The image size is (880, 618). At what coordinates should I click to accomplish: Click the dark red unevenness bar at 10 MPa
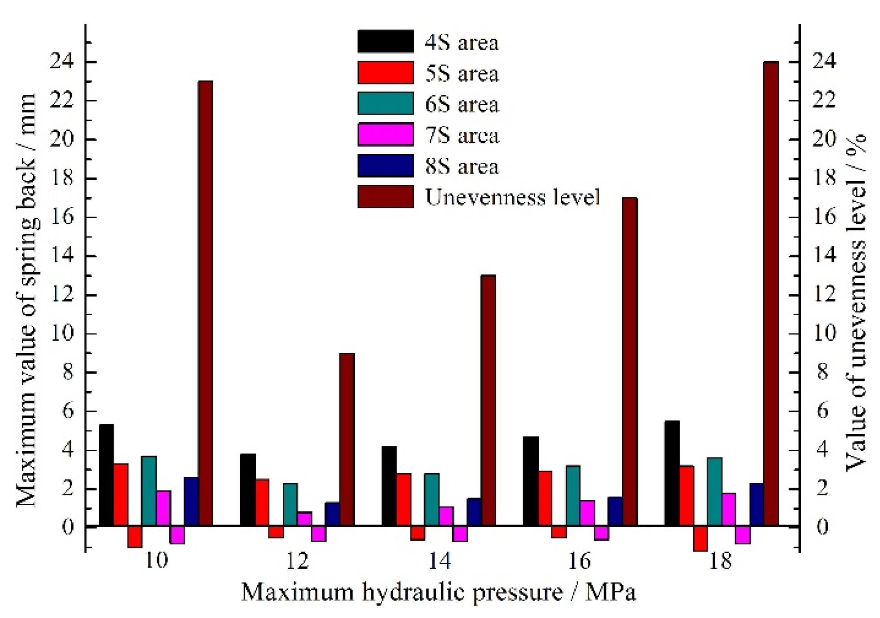tap(206, 303)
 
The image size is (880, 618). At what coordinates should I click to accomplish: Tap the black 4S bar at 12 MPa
tap(248, 490)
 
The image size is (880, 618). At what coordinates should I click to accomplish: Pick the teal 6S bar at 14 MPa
tap(431, 499)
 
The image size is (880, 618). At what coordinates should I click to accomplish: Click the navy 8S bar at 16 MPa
tap(615, 511)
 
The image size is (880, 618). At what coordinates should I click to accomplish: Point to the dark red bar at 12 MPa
tap(347, 440)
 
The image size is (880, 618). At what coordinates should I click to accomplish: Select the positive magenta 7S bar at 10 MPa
tap(163, 508)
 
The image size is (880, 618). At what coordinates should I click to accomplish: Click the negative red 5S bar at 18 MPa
tap(700, 538)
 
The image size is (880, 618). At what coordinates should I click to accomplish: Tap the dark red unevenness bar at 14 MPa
tap(488, 400)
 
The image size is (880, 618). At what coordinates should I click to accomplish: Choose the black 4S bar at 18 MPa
tap(672, 473)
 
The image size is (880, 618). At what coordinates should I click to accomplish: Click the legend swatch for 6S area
tap(385, 104)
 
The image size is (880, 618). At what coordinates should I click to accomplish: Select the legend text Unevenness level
tap(512, 197)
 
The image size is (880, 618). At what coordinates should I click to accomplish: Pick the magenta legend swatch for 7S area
tap(385, 135)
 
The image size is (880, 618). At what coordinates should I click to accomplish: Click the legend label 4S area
tap(462, 43)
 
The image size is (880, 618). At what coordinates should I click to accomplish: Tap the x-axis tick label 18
tap(720, 561)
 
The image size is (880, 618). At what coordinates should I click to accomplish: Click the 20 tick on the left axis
tap(62, 139)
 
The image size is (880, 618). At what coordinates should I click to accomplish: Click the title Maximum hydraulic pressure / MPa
tap(439, 592)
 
